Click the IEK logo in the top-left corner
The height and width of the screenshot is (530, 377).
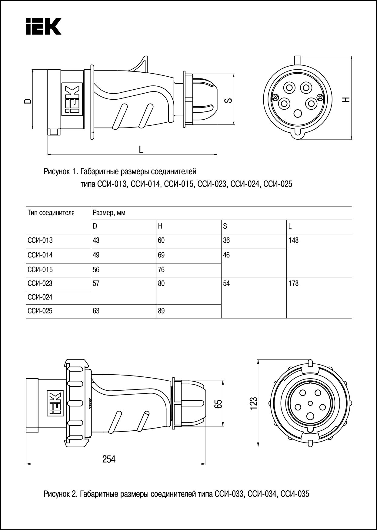coord(43,26)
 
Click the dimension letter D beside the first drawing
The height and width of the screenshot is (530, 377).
coord(28,101)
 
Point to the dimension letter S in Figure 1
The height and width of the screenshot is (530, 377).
coord(229,100)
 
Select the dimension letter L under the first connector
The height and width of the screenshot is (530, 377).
coord(141,149)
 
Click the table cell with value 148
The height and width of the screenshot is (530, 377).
coord(294,240)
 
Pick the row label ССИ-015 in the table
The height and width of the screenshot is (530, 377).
coord(40,270)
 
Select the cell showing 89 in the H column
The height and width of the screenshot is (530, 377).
coord(161,311)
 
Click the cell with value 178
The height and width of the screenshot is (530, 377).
coord(294,283)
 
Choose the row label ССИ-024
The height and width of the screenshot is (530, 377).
coord(40,297)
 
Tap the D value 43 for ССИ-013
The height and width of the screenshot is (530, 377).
coord(96,240)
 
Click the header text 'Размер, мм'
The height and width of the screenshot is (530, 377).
coord(109,213)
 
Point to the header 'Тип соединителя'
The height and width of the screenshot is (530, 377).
coord(51,213)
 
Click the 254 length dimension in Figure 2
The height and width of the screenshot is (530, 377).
coord(109,459)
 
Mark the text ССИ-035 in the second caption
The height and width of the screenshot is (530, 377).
coord(295,494)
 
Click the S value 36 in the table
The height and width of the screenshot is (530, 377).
coord(226,240)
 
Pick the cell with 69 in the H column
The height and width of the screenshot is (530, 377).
coord(161,255)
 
